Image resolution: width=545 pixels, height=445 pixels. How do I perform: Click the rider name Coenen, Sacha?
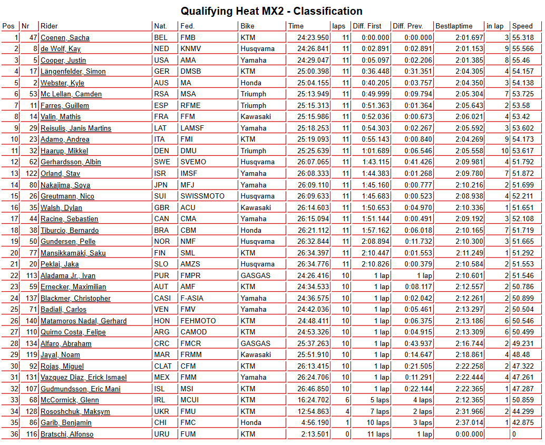pos(65,37)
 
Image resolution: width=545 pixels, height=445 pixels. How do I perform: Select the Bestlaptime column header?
pos(454,26)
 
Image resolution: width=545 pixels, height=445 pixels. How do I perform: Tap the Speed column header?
pos(522,26)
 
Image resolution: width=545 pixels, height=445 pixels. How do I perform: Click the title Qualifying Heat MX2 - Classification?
pos(271,11)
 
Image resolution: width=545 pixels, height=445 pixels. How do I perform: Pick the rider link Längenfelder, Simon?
pos(73,71)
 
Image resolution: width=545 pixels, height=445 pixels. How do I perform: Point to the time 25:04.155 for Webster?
pos(313,83)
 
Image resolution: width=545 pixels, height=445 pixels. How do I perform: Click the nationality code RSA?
pos(161,94)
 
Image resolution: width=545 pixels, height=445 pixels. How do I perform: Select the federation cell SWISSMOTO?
pos(202,196)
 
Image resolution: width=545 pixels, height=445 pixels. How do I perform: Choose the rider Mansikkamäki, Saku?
pos(73,253)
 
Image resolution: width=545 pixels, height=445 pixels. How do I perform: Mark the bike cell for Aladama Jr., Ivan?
pos(255,275)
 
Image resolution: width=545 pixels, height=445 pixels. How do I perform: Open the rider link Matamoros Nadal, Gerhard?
pos(83,321)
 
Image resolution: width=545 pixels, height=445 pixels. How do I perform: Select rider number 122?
pos(30,173)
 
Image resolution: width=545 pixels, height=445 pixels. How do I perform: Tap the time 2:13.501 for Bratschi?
pos(315,434)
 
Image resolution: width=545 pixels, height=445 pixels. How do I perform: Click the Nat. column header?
pos(160,26)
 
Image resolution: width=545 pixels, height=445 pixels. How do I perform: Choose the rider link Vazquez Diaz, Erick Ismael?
pos(83,377)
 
